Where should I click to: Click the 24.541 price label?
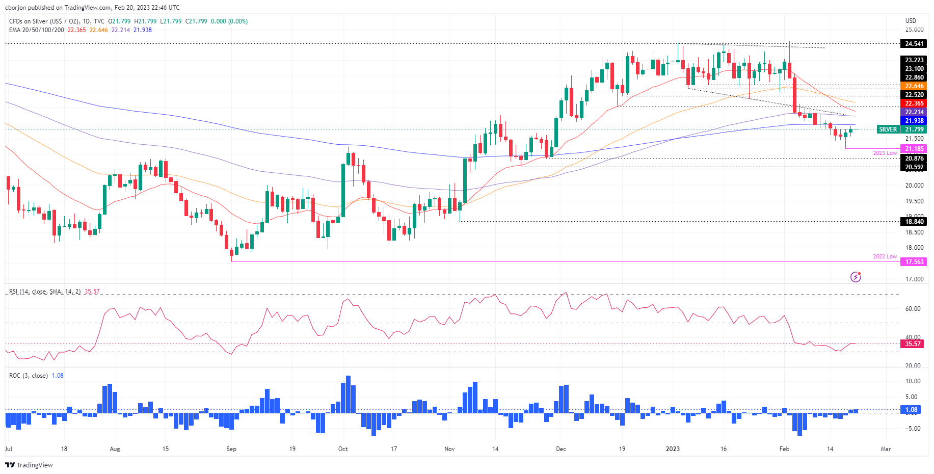914,44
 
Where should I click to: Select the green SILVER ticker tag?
888,129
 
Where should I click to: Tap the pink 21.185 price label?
914,149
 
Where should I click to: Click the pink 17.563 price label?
914,262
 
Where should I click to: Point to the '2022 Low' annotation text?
885,256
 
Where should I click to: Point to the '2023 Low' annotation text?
885,153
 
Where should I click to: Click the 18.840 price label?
914,222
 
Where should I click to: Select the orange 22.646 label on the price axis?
914,86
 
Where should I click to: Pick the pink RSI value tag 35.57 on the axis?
913,344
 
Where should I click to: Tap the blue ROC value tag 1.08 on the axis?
911,410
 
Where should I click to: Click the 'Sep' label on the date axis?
231,449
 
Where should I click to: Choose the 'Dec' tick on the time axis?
561,449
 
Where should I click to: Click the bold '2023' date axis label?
673,449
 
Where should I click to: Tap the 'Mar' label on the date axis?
886,449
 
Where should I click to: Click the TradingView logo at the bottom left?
29,465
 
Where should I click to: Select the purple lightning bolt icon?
856,277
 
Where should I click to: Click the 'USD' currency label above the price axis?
911,21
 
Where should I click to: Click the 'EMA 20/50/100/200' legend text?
37,30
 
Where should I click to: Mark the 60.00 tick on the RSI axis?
913,309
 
